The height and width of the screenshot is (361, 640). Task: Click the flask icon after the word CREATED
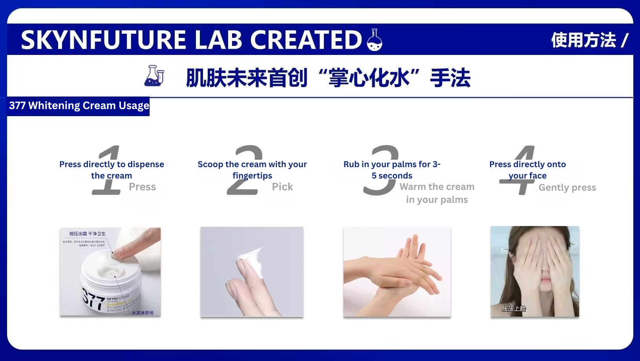coord(374,40)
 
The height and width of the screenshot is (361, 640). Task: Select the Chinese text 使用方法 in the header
coord(583,40)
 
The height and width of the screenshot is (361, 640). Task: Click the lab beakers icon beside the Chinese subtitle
coord(154,76)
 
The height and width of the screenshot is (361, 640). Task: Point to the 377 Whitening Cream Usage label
coord(79,106)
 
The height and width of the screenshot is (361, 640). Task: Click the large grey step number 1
coord(107,171)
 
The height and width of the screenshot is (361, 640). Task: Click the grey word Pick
coord(282,187)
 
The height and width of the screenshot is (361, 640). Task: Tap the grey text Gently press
coord(567,188)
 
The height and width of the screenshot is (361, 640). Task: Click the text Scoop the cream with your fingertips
coord(252,170)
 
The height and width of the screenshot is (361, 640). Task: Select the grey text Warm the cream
coord(437,187)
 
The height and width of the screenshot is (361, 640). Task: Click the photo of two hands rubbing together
coord(397,272)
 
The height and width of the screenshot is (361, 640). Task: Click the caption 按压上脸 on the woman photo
coord(514,308)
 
